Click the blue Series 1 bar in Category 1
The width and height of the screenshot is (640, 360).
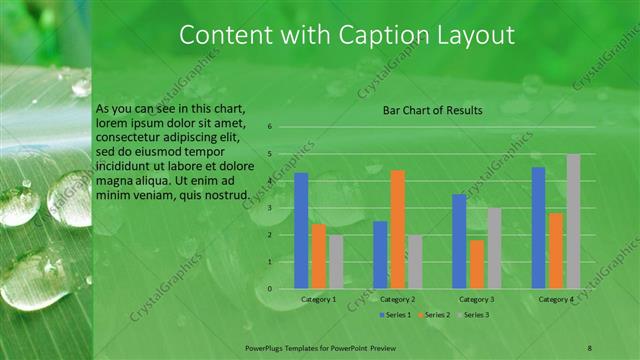301,231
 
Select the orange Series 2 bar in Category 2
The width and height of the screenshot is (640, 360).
397,229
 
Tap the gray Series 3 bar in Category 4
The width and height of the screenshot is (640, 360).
573,221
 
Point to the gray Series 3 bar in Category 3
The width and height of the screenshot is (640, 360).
494,248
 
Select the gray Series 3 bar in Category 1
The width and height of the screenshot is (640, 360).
335,262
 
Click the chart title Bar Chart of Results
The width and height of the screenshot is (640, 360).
433,110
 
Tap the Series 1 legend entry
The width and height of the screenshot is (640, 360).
396,315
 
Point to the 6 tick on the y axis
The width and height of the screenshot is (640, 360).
269,127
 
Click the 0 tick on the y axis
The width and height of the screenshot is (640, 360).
269,289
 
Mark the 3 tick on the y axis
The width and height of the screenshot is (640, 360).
269,208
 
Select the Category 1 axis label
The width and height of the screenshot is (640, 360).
318,300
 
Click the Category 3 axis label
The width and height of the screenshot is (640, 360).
477,300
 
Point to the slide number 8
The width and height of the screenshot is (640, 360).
590,345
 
